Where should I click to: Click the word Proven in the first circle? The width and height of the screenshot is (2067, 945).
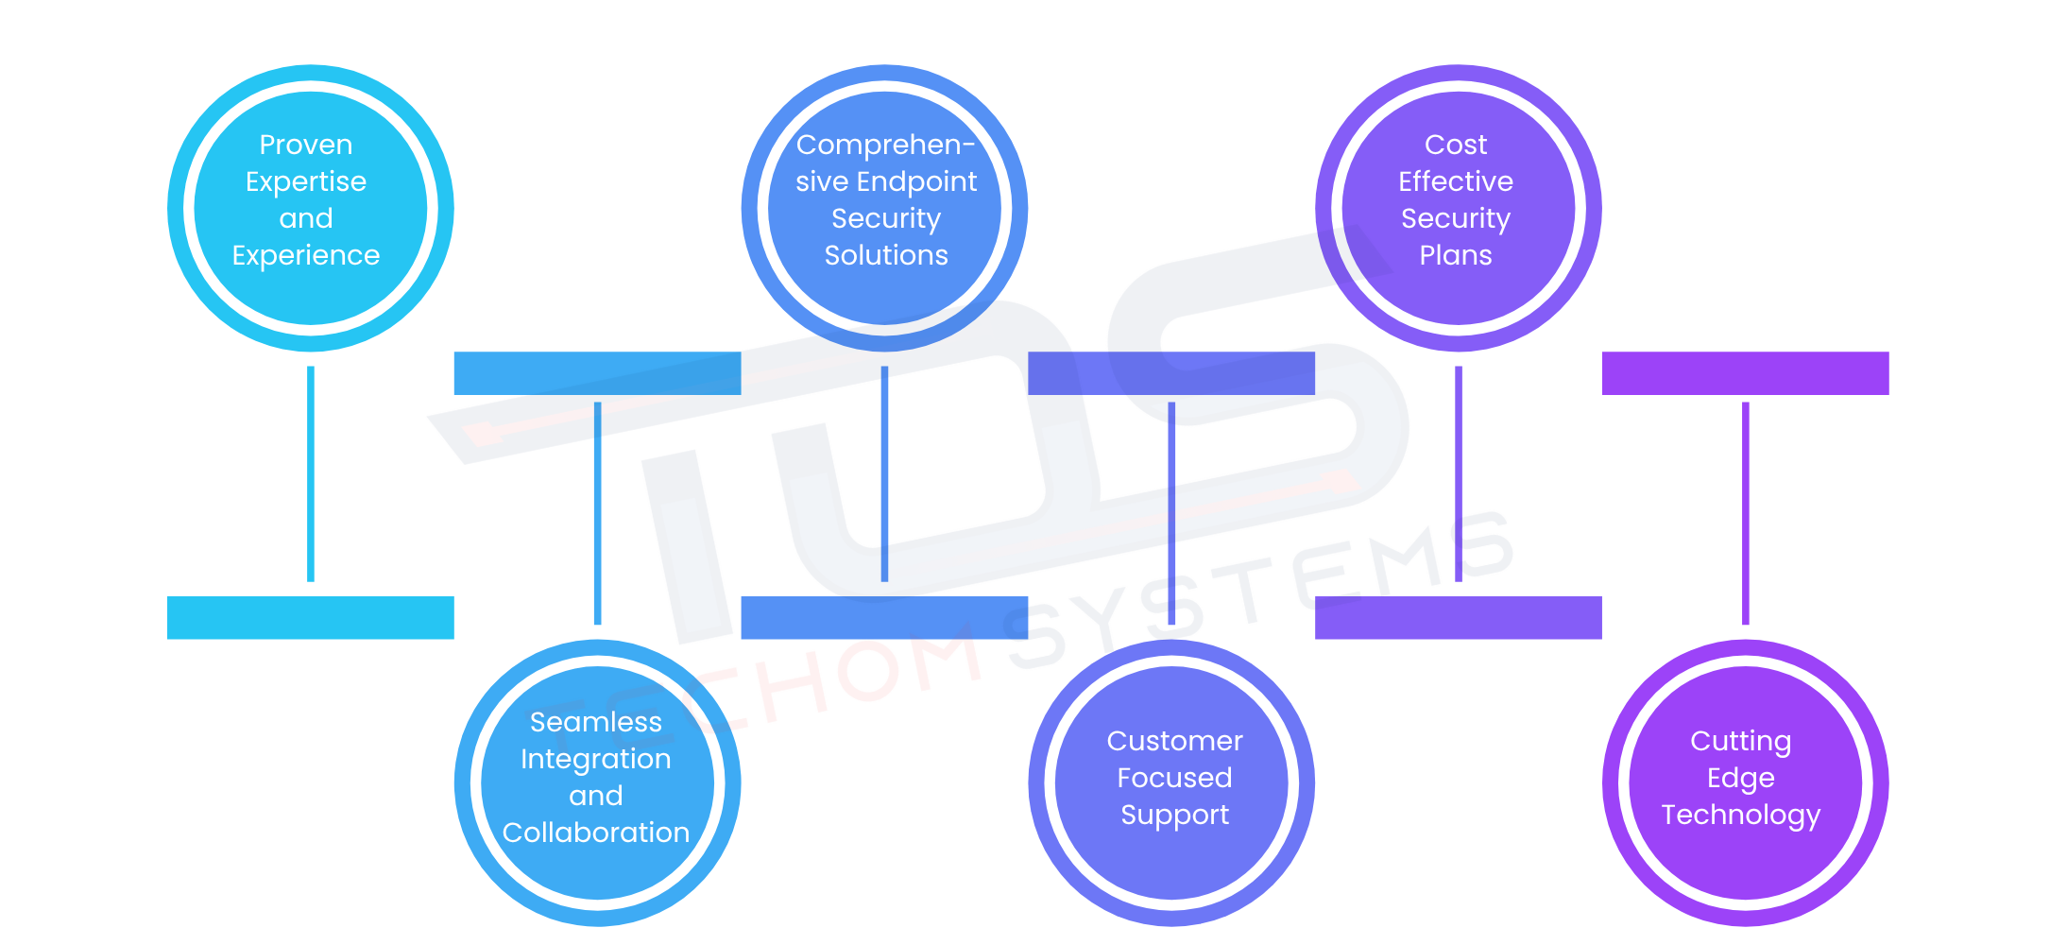click(306, 145)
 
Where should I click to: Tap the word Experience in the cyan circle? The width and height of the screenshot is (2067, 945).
click(306, 255)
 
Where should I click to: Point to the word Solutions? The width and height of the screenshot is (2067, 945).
click(886, 255)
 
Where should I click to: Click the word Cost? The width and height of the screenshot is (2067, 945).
click(1456, 145)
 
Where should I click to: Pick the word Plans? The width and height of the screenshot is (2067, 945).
click(1456, 255)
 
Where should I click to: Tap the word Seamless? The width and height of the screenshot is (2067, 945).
click(596, 722)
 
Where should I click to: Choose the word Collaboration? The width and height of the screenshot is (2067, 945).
click(596, 833)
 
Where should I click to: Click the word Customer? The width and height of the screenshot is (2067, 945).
click(1174, 741)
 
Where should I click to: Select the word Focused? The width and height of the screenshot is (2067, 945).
click(1174, 778)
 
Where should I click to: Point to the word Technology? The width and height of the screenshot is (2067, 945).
click(1741, 815)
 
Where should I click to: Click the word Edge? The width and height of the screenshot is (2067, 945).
click(1741, 778)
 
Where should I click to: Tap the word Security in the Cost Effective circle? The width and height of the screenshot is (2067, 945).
click(1456, 218)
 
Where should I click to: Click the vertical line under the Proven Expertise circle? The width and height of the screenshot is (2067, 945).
click(311, 472)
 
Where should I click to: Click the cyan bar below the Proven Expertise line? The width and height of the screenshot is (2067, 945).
click(311, 617)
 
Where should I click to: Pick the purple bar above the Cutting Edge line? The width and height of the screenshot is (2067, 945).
click(1746, 373)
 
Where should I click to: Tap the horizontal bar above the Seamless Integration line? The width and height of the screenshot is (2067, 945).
click(597, 373)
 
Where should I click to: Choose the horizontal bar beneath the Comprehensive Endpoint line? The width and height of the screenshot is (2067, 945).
click(884, 617)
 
